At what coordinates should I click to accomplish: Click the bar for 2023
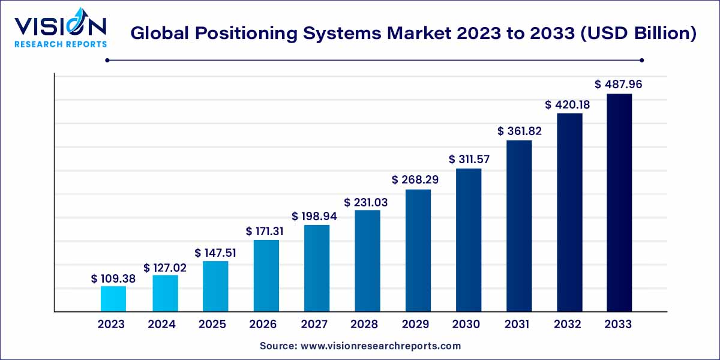(113, 299)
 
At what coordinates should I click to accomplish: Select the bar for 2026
(266, 275)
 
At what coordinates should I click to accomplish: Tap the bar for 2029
(418, 250)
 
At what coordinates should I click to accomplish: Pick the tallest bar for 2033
(619, 202)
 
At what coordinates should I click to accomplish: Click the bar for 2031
(519, 226)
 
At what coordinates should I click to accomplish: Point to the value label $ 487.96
(619, 85)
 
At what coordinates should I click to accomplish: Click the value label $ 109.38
(113, 278)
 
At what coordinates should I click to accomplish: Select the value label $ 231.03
(366, 202)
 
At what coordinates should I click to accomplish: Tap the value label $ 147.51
(215, 253)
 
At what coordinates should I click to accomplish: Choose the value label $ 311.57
(469, 160)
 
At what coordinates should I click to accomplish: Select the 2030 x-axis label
(466, 325)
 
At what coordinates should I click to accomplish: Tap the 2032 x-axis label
(568, 325)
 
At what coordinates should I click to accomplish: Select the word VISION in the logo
(61, 26)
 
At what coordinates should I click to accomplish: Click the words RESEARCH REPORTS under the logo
(61, 44)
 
